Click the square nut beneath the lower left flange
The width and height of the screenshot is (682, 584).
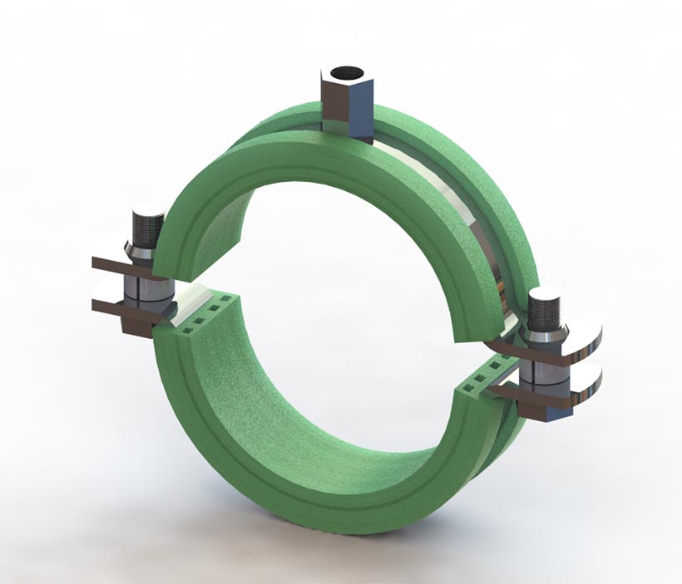137,322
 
